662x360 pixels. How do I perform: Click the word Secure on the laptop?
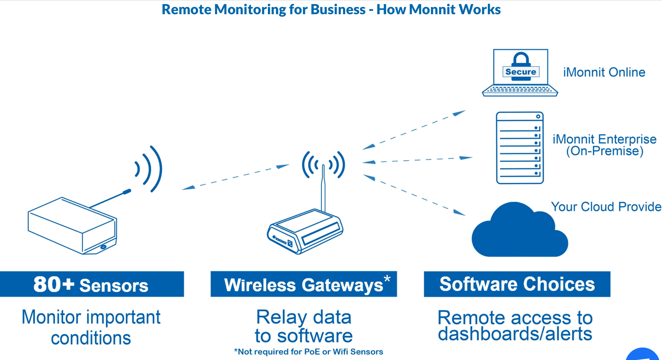pyautogui.click(x=521, y=72)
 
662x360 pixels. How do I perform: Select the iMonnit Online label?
pyautogui.click(x=604, y=72)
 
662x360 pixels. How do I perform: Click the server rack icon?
pyautogui.click(x=520, y=148)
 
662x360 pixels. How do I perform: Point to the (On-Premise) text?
pyautogui.click(x=605, y=151)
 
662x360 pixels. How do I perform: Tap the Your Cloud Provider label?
pyautogui.click(x=606, y=207)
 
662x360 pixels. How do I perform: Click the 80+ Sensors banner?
pyautogui.click(x=91, y=284)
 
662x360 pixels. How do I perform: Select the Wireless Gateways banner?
pyautogui.click(x=303, y=285)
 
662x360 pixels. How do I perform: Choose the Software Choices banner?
pyautogui.click(x=517, y=284)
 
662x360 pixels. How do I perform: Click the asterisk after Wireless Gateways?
pyautogui.click(x=387, y=279)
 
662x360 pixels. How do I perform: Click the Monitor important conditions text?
pyautogui.click(x=91, y=327)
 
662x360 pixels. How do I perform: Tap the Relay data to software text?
pyautogui.click(x=304, y=326)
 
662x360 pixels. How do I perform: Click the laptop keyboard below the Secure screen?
pyautogui.click(x=520, y=90)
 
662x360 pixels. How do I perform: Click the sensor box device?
pyautogui.click(x=73, y=226)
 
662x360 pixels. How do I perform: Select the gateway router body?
pyautogui.click(x=305, y=232)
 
